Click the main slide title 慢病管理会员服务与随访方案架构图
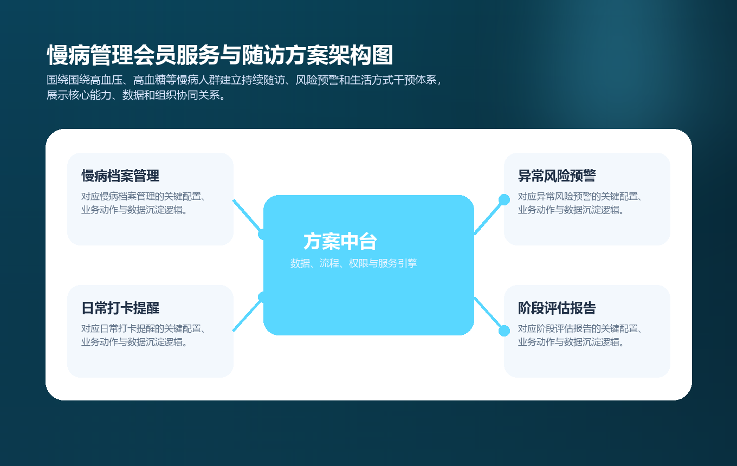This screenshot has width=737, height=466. coord(220,56)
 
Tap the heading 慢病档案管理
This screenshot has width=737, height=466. coord(120,176)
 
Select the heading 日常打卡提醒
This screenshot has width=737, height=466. coord(120,308)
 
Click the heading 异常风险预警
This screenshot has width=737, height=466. coord(557,176)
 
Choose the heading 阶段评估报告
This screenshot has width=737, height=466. coord(557,308)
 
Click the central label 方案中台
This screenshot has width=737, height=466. coord(340,242)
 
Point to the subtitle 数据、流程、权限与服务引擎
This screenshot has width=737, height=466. coord(353,264)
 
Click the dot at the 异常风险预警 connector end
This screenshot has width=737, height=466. coord(504,199)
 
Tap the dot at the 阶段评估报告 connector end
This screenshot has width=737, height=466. coord(504,331)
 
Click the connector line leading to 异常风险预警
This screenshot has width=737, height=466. coord(489,216)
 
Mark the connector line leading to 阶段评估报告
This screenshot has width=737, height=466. coord(489,314)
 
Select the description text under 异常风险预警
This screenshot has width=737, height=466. coord(580,203)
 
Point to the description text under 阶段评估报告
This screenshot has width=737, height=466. coord(580,335)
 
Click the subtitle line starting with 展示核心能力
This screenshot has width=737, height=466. coord(136,96)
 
